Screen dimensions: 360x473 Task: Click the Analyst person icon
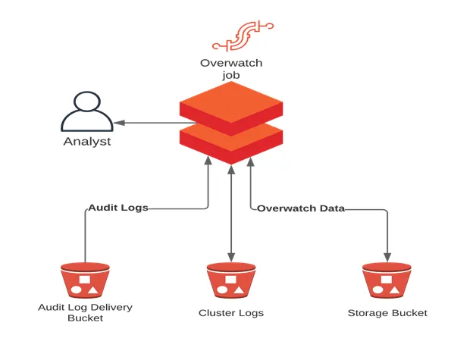click(86, 112)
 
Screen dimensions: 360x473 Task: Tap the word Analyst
click(86, 142)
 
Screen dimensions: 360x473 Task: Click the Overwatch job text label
click(230, 70)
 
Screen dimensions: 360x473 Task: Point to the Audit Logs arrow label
click(117, 207)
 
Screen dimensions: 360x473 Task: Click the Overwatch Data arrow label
click(301, 208)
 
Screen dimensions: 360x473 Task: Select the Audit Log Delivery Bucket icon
click(85, 280)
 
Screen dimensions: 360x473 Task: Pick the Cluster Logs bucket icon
click(231, 280)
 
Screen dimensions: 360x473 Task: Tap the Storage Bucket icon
click(387, 280)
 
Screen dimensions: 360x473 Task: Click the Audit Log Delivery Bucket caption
click(85, 312)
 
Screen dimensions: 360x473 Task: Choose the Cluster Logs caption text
click(231, 313)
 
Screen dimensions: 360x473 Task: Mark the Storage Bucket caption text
click(387, 313)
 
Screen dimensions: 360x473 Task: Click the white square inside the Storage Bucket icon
click(387, 279)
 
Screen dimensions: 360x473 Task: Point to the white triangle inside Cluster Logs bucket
click(238, 290)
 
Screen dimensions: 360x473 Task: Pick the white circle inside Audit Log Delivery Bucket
click(77, 290)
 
